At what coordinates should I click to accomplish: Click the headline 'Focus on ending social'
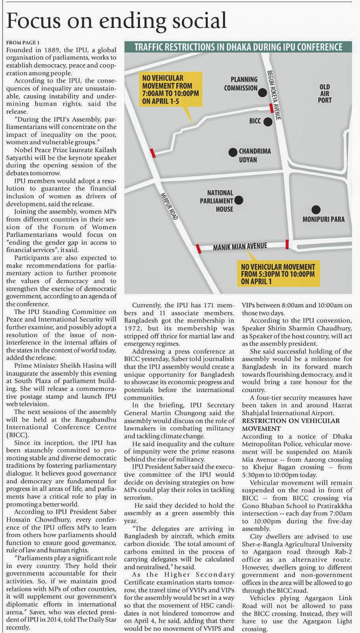click(x=116, y=21)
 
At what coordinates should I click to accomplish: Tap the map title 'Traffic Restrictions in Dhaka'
click(x=238, y=47)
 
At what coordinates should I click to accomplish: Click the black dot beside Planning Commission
click(x=262, y=92)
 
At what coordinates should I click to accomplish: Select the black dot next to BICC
click(x=268, y=122)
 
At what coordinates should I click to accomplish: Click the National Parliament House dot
click(x=239, y=200)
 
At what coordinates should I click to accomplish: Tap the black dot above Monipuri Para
click(x=316, y=210)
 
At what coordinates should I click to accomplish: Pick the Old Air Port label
click(x=324, y=93)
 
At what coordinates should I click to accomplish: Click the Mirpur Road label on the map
click(x=169, y=206)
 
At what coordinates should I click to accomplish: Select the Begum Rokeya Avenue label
click(x=274, y=95)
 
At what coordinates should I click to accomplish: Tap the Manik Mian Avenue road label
click(x=240, y=246)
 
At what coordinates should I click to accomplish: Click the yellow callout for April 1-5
click(x=171, y=89)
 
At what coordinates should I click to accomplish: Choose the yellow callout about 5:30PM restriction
click(x=278, y=274)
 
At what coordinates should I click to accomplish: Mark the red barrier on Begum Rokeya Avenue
click(x=271, y=108)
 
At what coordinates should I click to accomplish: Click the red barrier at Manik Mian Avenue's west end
click(x=199, y=249)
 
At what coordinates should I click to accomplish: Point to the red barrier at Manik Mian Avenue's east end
click(x=287, y=244)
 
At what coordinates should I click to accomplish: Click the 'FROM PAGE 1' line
click(x=23, y=43)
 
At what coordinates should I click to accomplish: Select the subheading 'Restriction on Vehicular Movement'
click(x=291, y=424)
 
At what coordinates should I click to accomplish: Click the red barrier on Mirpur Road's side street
click(x=153, y=153)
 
